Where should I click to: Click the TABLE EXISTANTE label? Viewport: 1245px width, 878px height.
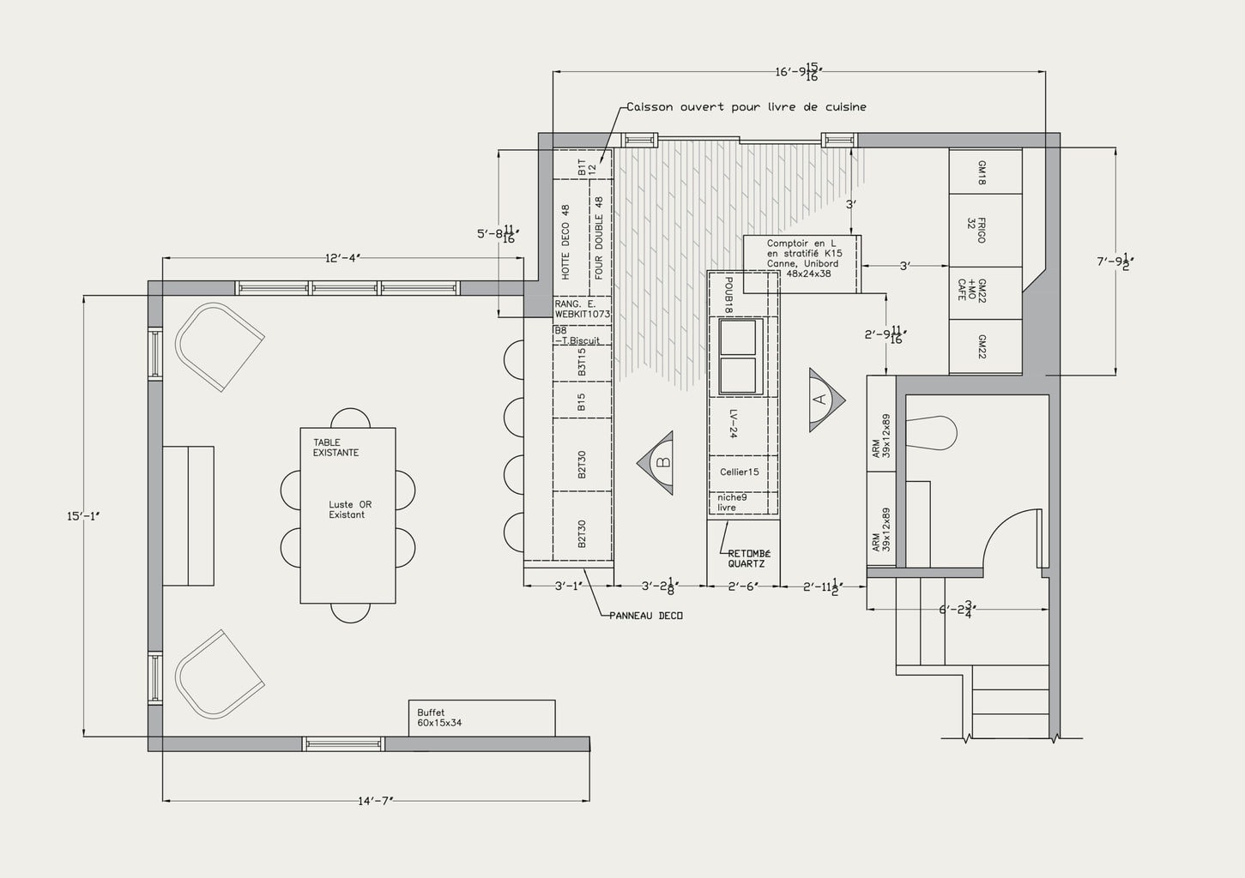pyautogui.click(x=335, y=448)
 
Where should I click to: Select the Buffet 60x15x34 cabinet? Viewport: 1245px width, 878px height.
pyautogui.click(x=480, y=718)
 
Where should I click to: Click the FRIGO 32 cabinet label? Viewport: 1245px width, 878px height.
pyautogui.click(x=976, y=230)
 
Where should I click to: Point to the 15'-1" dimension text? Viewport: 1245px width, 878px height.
pyautogui.click(x=83, y=516)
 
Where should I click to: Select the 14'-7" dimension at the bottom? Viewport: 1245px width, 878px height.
pyautogui.click(x=375, y=801)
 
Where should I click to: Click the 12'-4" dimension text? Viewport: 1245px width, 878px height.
pyautogui.click(x=341, y=258)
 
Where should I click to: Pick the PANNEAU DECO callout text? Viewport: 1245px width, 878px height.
pyautogui.click(x=646, y=616)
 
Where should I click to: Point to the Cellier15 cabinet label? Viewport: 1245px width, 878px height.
pyautogui.click(x=739, y=472)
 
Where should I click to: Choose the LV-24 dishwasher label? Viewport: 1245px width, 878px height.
pyautogui.click(x=734, y=424)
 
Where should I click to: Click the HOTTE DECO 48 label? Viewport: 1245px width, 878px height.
pyautogui.click(x=566, y=242)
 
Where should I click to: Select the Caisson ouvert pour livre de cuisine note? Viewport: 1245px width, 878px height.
pyautogui.click(x=746, y=107)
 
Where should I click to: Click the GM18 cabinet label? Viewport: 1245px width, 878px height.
pyautogui.click(x=982, y=172)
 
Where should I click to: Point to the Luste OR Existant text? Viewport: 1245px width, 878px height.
pyautogui.click(x=350, y=510)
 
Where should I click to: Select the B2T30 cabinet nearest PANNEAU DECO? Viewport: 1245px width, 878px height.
pyautogui.click(x=582, y=533)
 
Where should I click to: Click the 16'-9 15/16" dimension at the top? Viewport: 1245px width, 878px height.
pyautogui.click(x=798, y=72)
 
